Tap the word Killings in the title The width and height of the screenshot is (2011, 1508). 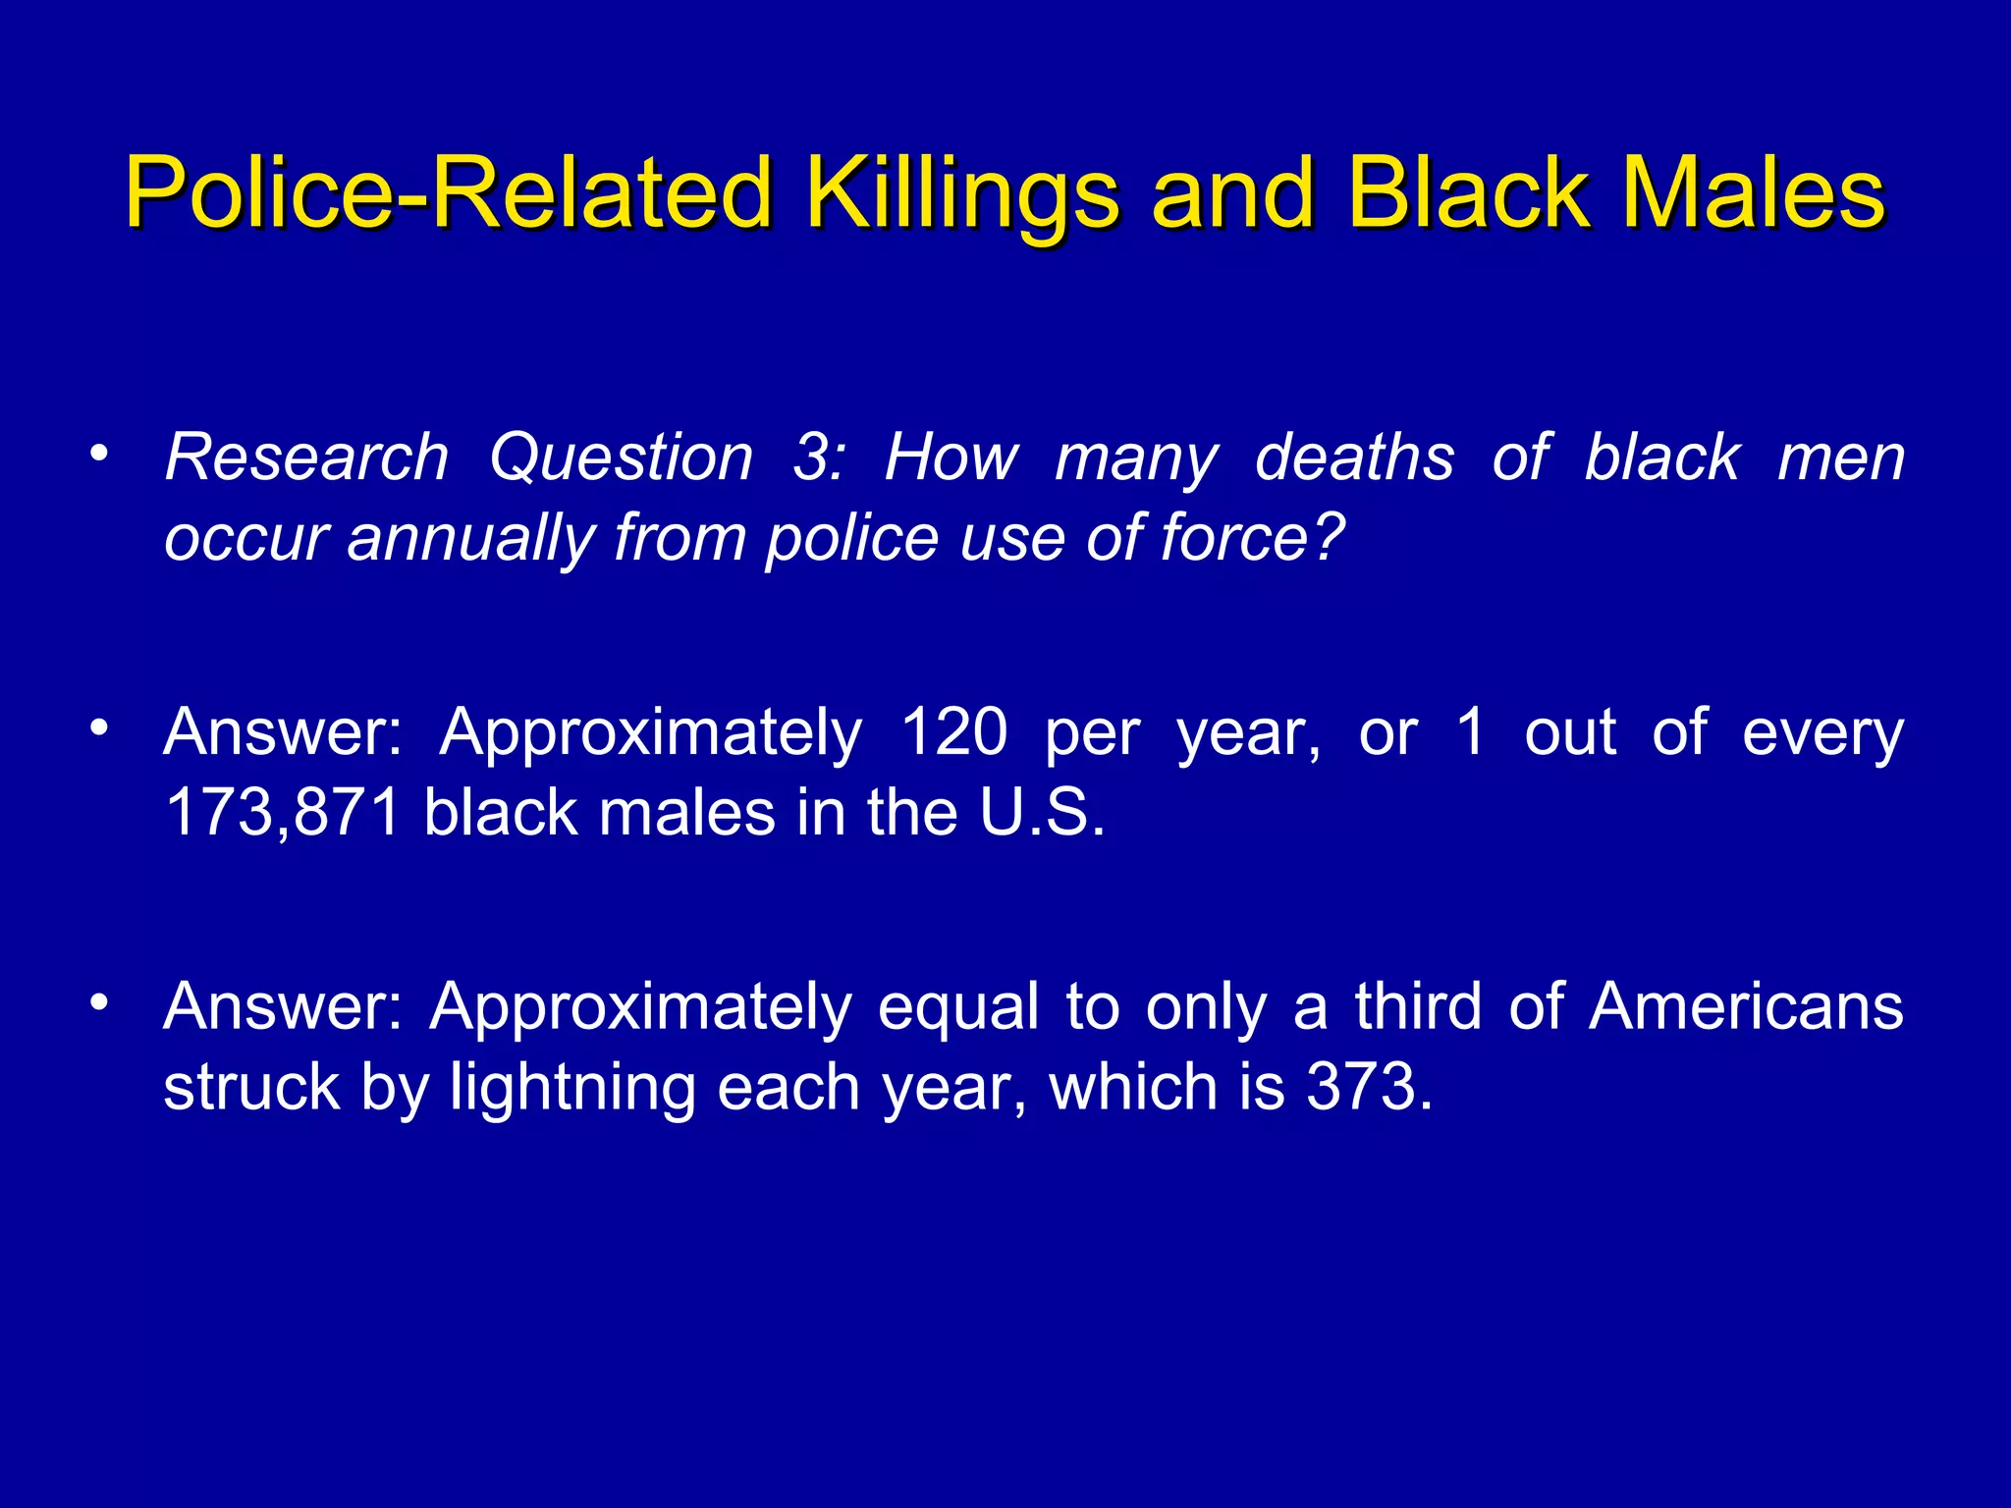coord(962,193)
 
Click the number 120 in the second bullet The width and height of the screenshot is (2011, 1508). coord(953,732)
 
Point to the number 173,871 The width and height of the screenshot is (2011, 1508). coord(283,813)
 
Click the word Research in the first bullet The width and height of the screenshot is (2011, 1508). coord(306,458)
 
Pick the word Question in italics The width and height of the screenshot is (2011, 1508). coord(622,459)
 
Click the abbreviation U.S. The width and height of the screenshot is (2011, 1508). coord(1042,813)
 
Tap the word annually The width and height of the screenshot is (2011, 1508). coord(470,540)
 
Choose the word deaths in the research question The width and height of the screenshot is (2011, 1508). coord(1354,458)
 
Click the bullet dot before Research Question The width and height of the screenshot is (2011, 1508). coord(97,454)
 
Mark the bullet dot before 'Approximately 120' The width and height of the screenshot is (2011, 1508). coord(97,728)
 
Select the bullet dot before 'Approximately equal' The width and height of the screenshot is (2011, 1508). coord(97,1003)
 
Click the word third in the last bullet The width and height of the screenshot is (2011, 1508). coord(1418,1007)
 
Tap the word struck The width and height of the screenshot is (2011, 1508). coord(250,1088)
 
